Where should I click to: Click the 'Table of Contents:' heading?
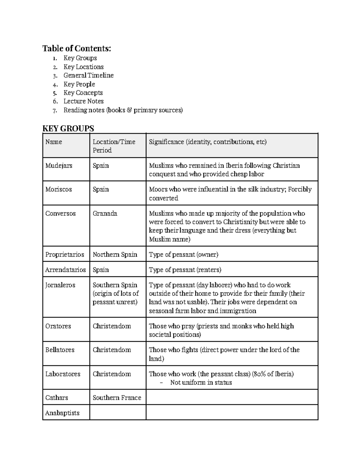76,48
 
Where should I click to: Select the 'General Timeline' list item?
88,75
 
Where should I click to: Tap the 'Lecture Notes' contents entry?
83,101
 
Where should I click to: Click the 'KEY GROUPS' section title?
68,128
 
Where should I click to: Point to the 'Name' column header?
54,142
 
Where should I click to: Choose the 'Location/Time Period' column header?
114,146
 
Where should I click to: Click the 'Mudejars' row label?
59,166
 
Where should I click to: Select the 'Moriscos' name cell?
58,189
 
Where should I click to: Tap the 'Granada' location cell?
105,214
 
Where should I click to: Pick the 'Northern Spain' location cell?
115,254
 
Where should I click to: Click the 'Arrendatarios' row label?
65,270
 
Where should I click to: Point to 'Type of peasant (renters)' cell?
185,270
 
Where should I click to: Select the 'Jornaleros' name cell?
60,285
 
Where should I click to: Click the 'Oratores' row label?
58,326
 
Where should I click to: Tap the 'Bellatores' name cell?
60,350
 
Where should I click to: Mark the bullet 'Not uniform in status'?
201,383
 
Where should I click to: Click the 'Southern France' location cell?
117,398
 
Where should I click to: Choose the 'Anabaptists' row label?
62,413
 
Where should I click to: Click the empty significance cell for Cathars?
232,397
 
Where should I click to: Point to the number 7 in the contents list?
55,111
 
